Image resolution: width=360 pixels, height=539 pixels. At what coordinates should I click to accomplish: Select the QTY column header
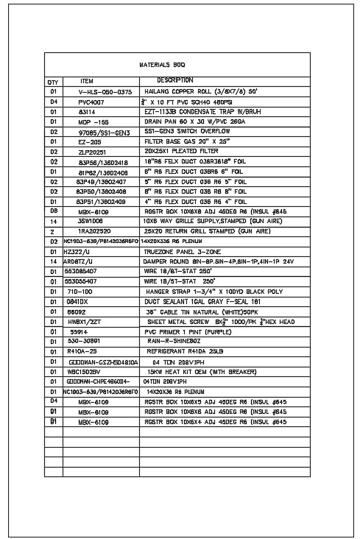pyautogui.click(x=53, y=81)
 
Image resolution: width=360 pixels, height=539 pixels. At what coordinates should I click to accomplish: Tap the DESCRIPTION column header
pyautogui.click(x=175, y=80)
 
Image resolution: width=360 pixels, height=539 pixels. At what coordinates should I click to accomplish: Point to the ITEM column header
pyautogui.click(x=87, y=80)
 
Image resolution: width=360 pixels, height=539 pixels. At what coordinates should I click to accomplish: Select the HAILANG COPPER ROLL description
pyautogui.click(x=199, y=91)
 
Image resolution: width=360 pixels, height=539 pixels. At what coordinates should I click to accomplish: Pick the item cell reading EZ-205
pyautogui.click(x=90, y=140)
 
